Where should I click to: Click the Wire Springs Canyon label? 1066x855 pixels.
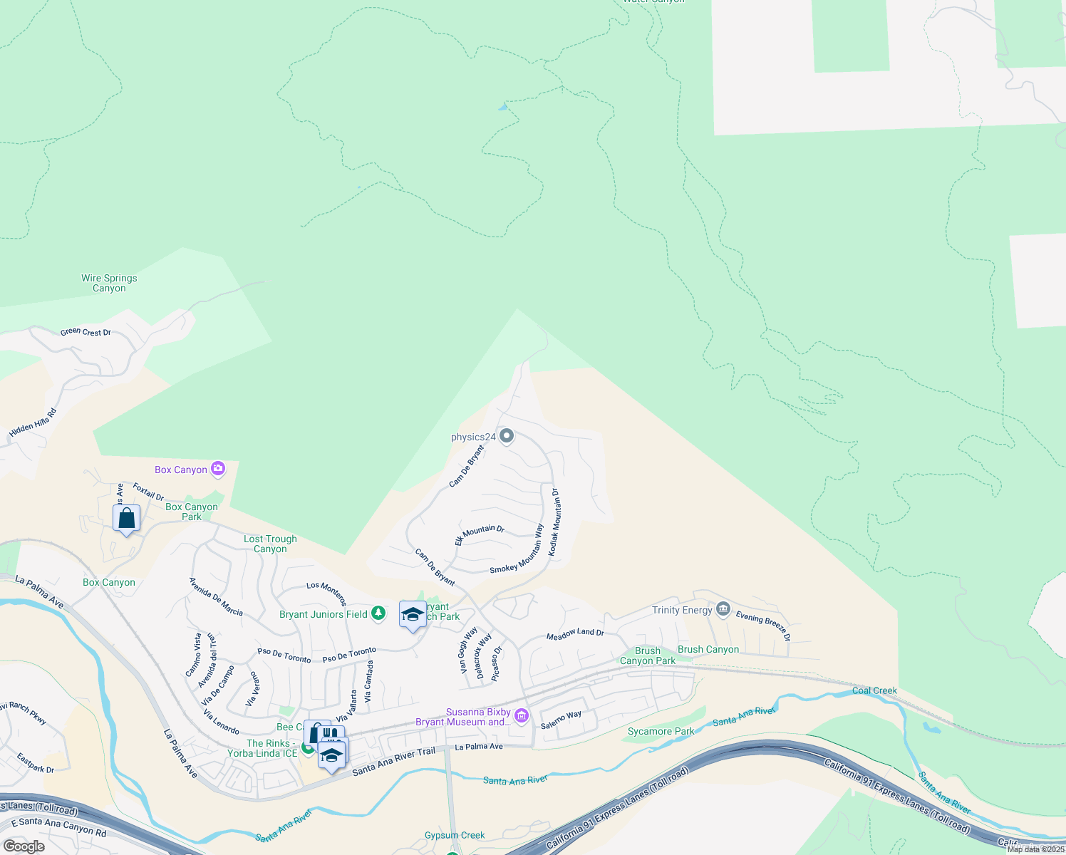click(x=109, y=284)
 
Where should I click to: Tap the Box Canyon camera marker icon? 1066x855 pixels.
click(x=218, y=469)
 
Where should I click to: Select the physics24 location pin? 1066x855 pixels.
click(x=507, y=436)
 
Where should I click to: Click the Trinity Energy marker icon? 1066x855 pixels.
click(x=723, y=609)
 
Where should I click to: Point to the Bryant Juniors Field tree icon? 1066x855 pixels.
click(x=378, y=613)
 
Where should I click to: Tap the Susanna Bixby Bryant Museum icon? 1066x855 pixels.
click(x=522, y=716)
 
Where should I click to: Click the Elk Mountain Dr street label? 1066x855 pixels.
click(x=480, y=534)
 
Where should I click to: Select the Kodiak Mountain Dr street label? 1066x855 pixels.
click(x=554, y=522)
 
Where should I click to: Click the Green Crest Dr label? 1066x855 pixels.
click(x=86, y=332)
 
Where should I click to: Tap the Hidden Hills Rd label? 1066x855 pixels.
click(x=33, y=423)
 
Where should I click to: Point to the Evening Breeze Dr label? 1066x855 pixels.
click(x=762, y=626)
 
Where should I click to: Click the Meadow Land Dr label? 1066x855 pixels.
click(x=575, y=633)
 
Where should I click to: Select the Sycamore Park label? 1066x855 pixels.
click(x=661, y=731)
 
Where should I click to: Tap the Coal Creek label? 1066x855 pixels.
click(x=874, y=690)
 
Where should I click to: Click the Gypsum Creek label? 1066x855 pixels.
click(x=455, y=835)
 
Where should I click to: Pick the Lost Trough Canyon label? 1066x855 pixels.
click(x=270, y=544)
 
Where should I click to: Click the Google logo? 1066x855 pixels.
click(x=24, y=846)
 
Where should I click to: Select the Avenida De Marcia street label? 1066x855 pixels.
click(x=216, y=597)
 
